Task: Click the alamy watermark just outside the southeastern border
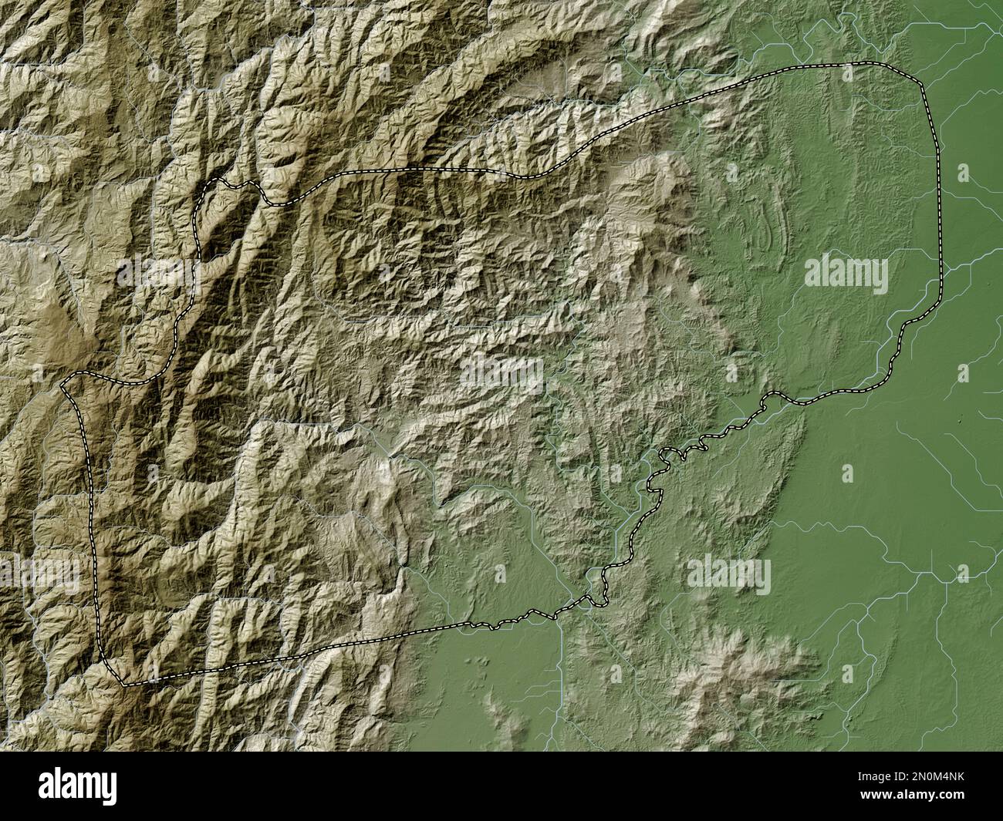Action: point(728,574)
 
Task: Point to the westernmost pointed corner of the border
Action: point(62,382)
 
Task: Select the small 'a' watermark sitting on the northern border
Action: point(848,73)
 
